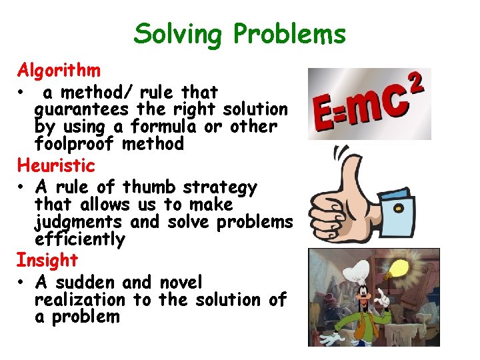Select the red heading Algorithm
pyautogui.click(x=59, y=69)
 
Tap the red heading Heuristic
pyautogui.click(x=56, y=165)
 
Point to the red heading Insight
pyautogui.click(x=47, y=260)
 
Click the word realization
pyautogui.click(x=79, y=301)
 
